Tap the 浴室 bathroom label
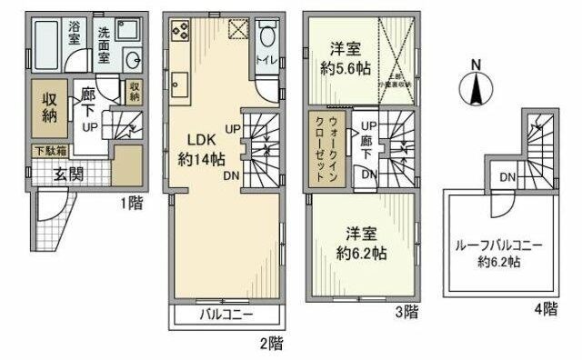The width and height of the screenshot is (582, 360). [73, 34]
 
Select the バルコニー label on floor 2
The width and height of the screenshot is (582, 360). [224, 315]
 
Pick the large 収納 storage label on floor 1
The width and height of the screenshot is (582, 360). [49, 105]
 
